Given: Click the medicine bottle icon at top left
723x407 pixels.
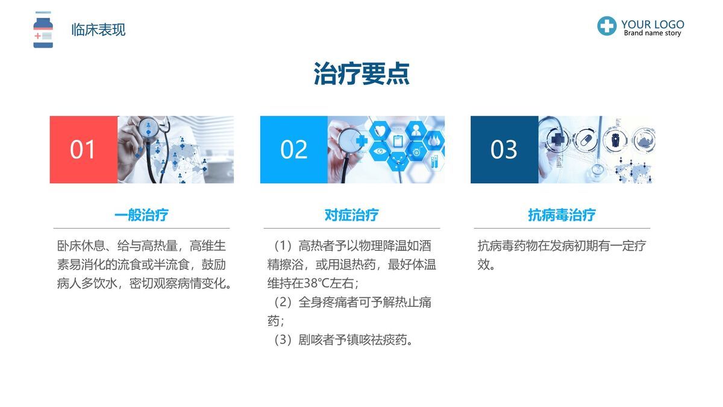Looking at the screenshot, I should (43, 30).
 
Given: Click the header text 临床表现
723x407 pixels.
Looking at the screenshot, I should (98, 30).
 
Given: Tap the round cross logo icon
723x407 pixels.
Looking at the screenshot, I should (607, 26).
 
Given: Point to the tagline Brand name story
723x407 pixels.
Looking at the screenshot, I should (652, 34).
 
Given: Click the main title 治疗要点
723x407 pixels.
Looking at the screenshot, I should (361, 74).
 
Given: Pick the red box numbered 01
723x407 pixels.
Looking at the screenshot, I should (83, 150).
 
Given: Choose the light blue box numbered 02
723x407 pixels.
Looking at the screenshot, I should (294, 150).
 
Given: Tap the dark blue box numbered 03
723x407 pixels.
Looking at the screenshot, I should (504, 150).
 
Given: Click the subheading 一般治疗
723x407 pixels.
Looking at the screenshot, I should (141, 215).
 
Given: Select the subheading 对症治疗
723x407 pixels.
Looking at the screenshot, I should (351, 215).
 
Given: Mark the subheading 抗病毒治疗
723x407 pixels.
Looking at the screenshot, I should (562, 215).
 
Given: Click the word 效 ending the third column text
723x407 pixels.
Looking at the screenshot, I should (483, 265).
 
